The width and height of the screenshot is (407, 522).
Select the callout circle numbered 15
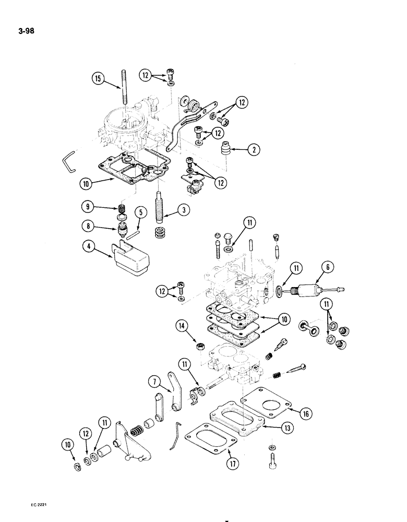click(x=98, y=80)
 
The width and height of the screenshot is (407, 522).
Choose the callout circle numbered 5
click(x=140, y=212)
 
